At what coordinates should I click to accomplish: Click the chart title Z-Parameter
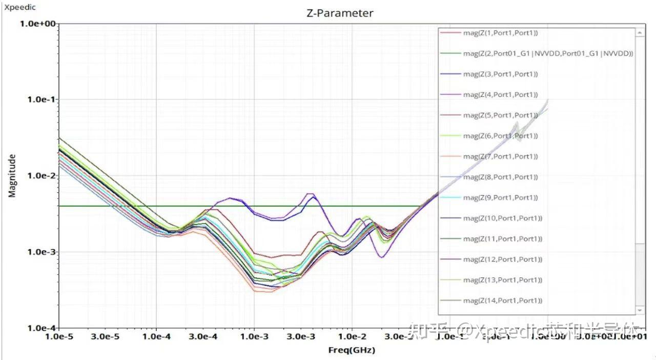(339, 13)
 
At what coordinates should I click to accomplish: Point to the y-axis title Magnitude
(12, 176)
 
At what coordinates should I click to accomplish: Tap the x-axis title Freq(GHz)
(352, 350)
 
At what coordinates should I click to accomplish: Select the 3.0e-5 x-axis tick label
(107, 336)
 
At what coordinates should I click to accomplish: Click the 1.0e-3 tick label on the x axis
(254, 336)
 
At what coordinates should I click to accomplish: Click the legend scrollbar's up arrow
(639, 32)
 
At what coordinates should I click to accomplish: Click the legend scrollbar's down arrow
(639, 310)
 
